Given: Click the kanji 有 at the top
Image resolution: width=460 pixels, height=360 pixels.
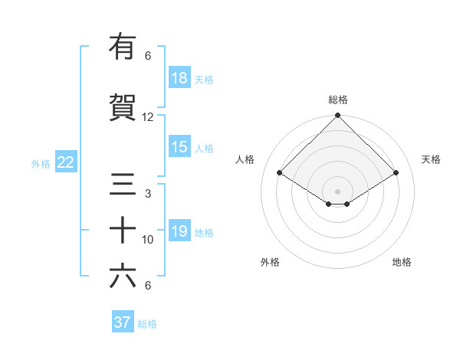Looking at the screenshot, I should click(123, 47).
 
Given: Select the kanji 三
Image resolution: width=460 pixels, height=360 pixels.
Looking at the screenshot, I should click(123, 185).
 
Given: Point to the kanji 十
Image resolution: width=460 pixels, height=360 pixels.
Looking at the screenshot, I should click(123, 231).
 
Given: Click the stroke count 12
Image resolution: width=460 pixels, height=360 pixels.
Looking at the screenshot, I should click(148, 117).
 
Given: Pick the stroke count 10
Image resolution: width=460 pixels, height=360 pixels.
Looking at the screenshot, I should click(148, 240).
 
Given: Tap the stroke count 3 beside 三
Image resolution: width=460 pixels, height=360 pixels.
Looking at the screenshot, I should click(148, 194).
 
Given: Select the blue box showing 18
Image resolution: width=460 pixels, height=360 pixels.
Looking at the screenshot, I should click(179, 78).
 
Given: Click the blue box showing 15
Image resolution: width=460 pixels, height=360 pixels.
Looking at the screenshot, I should click(179, 147).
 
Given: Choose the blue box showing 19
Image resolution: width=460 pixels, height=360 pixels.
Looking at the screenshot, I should click(179, 231).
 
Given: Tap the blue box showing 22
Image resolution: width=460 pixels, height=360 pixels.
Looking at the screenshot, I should click(66, 162).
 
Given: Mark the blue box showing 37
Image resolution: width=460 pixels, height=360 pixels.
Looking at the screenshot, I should click(123, 322).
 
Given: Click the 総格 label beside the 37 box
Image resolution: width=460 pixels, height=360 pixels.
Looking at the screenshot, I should click(147, 324).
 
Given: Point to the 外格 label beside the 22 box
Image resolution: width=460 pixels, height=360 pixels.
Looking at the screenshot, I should click(41, 163).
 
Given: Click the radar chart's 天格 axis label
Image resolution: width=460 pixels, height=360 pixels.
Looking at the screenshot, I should click(431, 159).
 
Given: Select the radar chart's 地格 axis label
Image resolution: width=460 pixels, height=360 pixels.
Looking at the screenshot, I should click(402, 262).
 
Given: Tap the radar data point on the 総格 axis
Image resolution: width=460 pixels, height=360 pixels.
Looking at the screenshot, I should click(337, 116).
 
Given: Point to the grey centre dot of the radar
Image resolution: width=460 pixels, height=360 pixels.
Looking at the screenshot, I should click(337, 191).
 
